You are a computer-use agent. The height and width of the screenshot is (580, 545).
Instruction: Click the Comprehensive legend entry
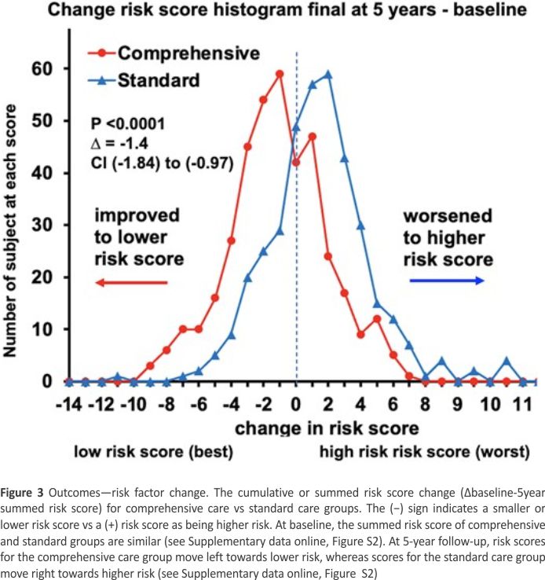(x=188, y=53)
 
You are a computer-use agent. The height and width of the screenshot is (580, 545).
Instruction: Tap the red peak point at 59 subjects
(x=279, y=74)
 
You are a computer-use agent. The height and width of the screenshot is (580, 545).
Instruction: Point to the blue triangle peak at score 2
(x=328, y=74)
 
